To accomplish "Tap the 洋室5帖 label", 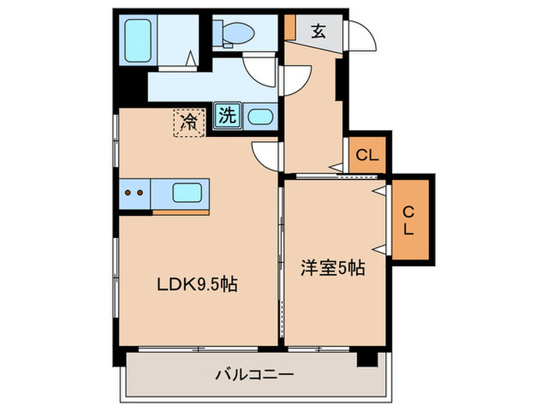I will click(333, 268).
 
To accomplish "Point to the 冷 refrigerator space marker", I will click(189, 121).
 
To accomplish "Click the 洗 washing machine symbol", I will click(226, 117).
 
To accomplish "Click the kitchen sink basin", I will click(187, 193).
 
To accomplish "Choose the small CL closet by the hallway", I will click(366, 155).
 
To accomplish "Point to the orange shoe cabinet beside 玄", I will click(290, 27).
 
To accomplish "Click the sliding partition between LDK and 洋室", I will click(281, 258).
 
